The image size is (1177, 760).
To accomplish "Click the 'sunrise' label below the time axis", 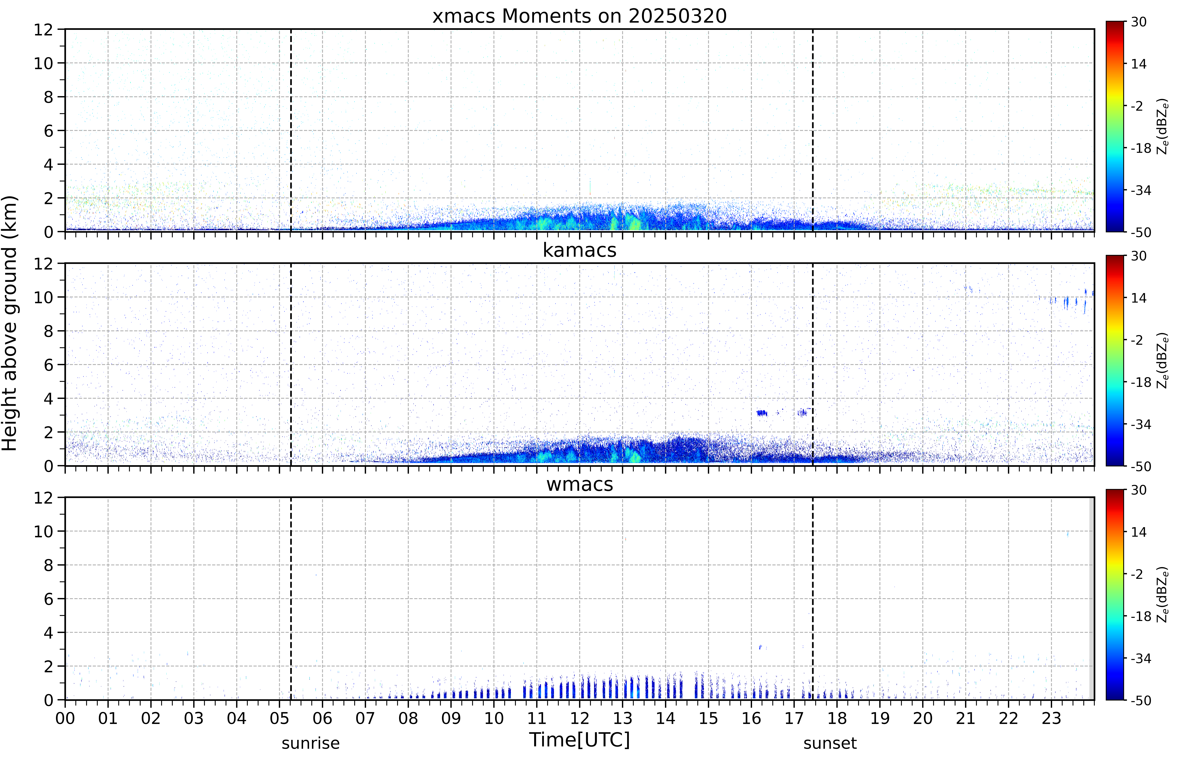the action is click(311, 743).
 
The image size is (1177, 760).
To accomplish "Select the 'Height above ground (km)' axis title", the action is click(9, 323).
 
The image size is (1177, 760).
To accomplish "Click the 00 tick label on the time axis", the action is click(65, 718).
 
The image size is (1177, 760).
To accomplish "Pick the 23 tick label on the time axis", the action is click(1051, 718).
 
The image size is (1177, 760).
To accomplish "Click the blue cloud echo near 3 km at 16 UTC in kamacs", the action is click(762, 413).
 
